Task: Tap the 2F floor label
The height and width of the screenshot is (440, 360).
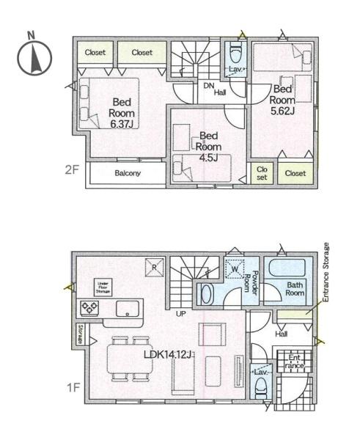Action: (x=72, y=169)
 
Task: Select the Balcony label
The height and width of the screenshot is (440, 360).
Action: (x=128, y=173)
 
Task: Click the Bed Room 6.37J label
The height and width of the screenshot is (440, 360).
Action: (x=121, y=113)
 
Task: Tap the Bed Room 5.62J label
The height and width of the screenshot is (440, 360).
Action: (x=282, y=99)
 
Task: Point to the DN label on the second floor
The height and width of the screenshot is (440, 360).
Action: (x=208, y=85)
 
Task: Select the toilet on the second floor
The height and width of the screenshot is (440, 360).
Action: (x=235, y=54)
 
